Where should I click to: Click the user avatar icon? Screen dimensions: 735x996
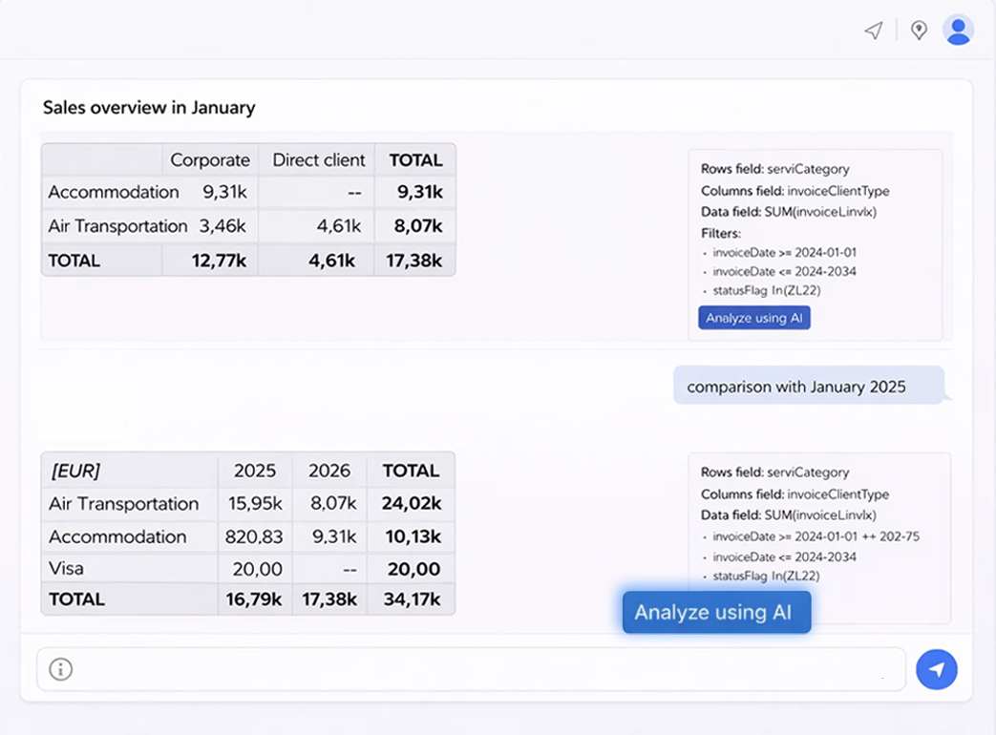(x=958, y=31)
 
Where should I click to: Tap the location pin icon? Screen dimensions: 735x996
(x=919, y=31)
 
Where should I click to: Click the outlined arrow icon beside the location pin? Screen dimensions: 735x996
(x=873, y=31)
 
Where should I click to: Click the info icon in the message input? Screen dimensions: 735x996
(x=61, y=669)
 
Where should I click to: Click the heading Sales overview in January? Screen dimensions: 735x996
(x=149, y=108)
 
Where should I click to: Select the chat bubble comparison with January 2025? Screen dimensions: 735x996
(x=796, y=387)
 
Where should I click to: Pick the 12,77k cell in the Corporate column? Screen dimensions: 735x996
(x=219, y=261)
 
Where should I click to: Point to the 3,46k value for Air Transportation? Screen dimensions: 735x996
(x=223, y=226)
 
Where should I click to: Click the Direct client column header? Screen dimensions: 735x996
(x=319, y=160)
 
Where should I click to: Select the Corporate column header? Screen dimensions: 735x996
(x=210, y=160)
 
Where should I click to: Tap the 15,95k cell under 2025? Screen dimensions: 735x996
(x=254, y=504)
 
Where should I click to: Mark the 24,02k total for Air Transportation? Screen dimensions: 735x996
(x=411, y=504)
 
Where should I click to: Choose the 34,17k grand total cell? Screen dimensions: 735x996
(x=411, y=599)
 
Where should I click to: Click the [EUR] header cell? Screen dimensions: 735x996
(x=75, y=471)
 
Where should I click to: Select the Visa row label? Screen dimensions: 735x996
(x=67, y=569)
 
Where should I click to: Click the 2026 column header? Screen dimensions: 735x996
(x=329, y=471)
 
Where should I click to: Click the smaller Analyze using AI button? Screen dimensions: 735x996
(x=753, y=318)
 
